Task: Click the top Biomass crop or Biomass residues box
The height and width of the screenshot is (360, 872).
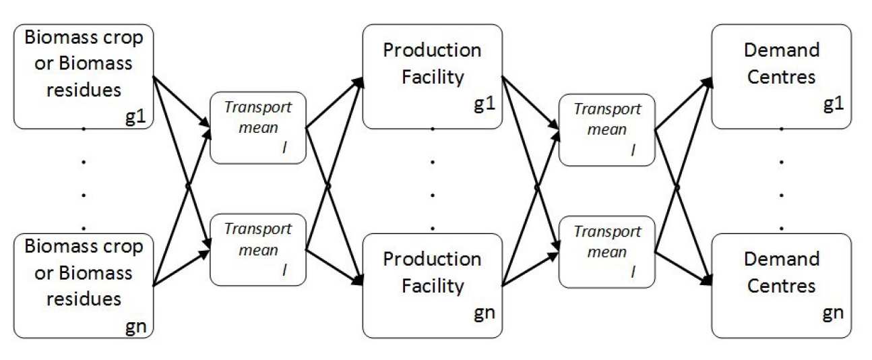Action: (x=84, y=76)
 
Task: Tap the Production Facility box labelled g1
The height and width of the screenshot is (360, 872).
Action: (x=433, y=76)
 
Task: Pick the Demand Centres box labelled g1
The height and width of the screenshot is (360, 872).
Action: (x=781, y=76)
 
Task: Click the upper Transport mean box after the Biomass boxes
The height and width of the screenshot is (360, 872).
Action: (x=258, y=129)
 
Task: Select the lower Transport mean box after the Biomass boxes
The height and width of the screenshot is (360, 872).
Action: (x=258, y=249)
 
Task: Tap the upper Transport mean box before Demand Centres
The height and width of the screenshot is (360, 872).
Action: (x=607, y=129)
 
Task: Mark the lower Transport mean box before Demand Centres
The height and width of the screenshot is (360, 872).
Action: (x=607, y=249)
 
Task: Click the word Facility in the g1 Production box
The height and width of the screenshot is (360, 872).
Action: (x=433, y=77)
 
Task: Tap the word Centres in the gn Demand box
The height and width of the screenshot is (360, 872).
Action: (x=781, y=286)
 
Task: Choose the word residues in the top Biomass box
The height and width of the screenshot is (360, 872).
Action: (x=84, y=90)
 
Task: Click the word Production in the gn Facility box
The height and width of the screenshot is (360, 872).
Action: (x=433, y=260)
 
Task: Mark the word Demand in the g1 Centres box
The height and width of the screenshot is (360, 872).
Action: (x=781, y=51)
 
